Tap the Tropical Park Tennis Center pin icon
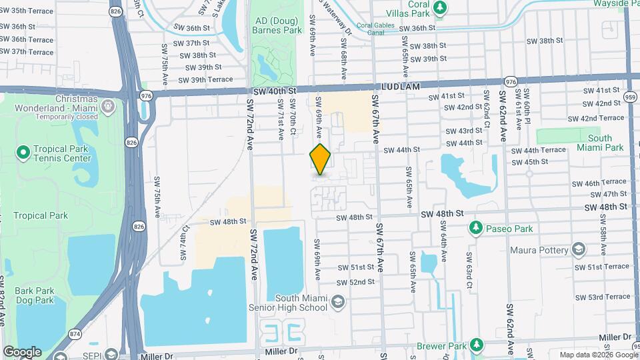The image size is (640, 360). pyautogui.click(x=23, y=153)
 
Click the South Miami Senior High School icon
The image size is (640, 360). pyautogui.click(x=338, y=303)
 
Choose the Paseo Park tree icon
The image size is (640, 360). pyautogui.click(x=476, y=229)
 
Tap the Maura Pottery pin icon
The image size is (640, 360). pyautogui.click(x=578, y=251)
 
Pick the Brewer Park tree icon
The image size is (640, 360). pyautogui.click(x=476, y=345)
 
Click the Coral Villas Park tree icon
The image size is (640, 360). pyautogui.click(x=439, y=7)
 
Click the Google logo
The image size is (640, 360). pyautogui.click(x=22, y=351)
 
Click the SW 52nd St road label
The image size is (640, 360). pyautogui.click(x=357, y=282)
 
